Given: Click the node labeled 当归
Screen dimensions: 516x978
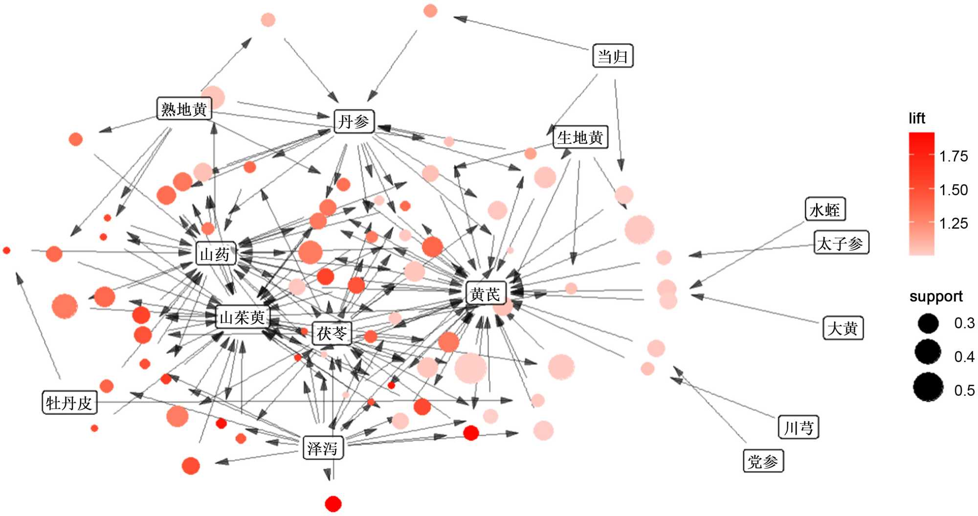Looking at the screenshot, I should (613, 56).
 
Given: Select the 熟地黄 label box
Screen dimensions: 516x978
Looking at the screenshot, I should (184, 109).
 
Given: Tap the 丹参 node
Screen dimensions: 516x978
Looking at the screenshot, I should (354, 121).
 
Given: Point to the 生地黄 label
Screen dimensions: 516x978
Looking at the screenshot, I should (580, 137).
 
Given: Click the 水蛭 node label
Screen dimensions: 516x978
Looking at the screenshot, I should (825, 210).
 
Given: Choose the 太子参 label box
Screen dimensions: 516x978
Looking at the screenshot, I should (841, 243).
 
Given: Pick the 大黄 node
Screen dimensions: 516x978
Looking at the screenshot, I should (843, 328).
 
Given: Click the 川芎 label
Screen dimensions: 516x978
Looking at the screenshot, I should (798, 428).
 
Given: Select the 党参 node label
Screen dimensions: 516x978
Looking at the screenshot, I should (763, 461).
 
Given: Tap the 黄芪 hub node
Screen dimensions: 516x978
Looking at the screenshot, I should (485, 293).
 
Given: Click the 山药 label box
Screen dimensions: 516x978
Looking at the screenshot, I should (215, 254).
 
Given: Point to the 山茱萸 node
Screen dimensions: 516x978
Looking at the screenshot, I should (242, 317).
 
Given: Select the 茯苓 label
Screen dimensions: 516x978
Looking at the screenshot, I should (332, 334).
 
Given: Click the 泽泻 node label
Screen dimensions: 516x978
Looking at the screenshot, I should (323, 448).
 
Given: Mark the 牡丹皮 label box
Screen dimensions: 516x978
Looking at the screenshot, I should (69, 403).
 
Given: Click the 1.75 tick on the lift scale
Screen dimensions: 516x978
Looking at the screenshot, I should (954, 157).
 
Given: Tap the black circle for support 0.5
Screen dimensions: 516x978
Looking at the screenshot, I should (928, 387).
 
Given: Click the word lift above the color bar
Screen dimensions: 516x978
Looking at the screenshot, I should (917, 118).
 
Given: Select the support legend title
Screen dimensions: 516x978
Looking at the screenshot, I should (936, 296).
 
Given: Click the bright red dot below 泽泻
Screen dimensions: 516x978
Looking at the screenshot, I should (333, 503).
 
